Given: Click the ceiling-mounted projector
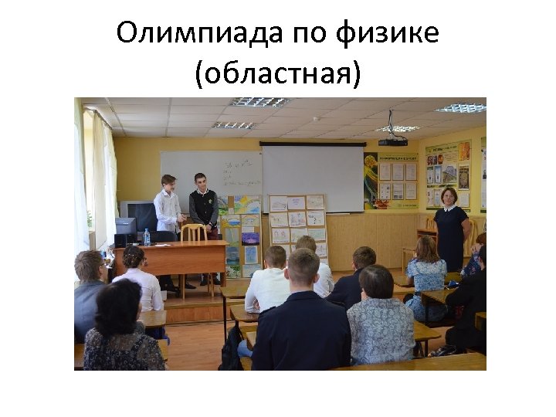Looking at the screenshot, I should tap(392, 141).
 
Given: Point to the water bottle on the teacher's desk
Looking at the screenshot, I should tap(147, 237).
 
